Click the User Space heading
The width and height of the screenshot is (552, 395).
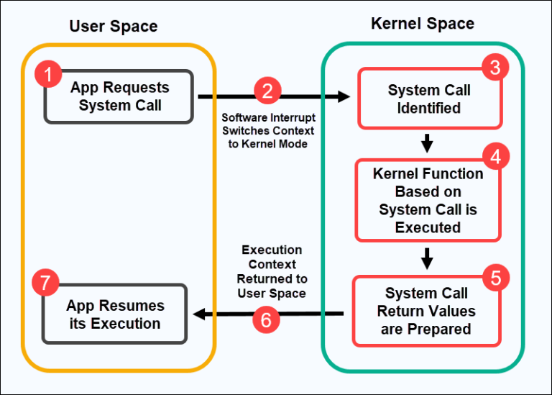click(114, 27)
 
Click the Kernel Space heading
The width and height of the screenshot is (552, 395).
click(423, 24)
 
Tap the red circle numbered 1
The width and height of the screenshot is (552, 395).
click(48, 74)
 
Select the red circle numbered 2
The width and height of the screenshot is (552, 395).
click(267, 91)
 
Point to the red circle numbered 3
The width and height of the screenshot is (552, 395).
click(494, 69)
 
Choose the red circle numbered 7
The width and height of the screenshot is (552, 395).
click(46, 283)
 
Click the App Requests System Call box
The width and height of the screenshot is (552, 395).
click(119, 96)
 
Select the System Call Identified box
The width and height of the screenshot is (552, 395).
click(429, 99)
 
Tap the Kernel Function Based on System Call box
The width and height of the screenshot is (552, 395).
click(428, 201)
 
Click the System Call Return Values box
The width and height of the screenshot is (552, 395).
click(428, 312)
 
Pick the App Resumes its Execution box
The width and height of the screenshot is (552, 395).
click(115, 314)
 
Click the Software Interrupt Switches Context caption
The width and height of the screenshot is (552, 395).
click(268, 130)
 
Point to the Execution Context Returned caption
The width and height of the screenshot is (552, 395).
click(272, 271)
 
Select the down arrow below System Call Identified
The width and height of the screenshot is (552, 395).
click(428, 144)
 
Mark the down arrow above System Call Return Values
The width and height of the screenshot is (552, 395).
click(428, 258)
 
